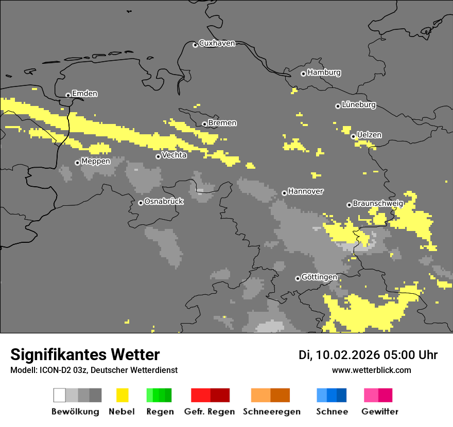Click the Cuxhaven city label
point(217,43)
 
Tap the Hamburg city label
point(324,73)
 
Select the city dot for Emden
point(68,95)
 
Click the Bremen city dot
point(204,124)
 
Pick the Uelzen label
point(369,135)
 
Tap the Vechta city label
point(174,155)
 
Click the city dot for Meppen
point(77,163)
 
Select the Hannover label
point(306,191)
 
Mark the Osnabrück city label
point(164,201)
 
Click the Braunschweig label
point(378,204)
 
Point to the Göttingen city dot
point(298,278)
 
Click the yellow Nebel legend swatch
point(122,395)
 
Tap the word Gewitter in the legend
point(380,412)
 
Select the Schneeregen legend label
point(272,412)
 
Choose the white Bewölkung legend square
point(60,395)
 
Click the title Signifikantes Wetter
point(85,355)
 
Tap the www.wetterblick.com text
point(371,370)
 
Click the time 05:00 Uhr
point(410,355)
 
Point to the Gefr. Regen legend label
point(210,412)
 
